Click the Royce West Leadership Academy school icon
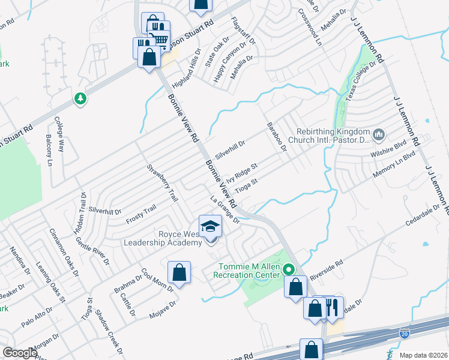(210, 227)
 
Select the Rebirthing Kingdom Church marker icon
(378, 134)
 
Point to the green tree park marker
(80, 98)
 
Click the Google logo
(19, 352)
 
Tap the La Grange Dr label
(225, 210)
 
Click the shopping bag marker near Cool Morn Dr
(179, 273)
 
